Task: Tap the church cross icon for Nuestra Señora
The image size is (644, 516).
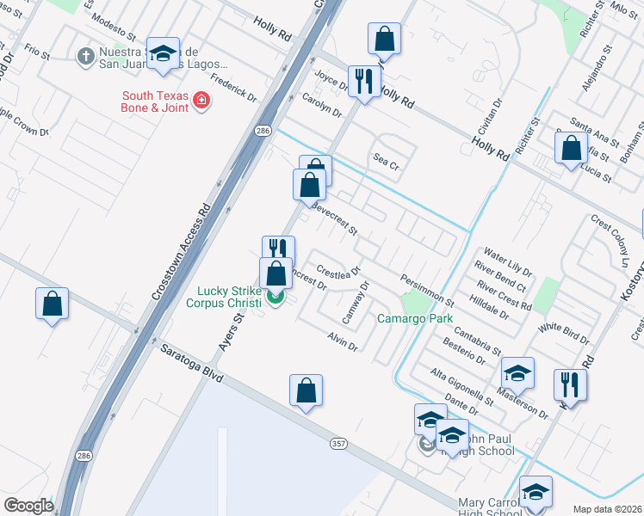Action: point(85,57)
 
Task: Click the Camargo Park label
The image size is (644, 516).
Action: point(415,319)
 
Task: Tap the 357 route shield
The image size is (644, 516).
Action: point(338,443)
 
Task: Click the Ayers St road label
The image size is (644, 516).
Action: point(229,330)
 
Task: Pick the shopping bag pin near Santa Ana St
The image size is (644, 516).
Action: point(571,148)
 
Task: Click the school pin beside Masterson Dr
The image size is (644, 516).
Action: point(517,372)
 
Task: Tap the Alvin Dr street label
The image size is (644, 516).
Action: point(342,341)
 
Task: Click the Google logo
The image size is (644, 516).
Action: point(28,506)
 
